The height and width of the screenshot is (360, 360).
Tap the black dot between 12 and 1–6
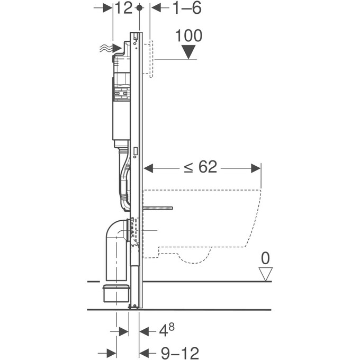pyautogui.click(x=139, y=8)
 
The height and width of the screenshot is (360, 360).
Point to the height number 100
pyautogui.click(x=188, y=36)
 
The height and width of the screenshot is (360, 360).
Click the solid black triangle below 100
pyautogui.click(x=188, y=52)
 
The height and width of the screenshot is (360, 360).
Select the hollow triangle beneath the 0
pyautogui.click(x=265, y=273)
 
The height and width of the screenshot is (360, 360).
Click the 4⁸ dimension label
pyautogui.click(x=167, y=331)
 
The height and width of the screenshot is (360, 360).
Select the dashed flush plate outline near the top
pyautogui.click(x=151, y=58)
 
